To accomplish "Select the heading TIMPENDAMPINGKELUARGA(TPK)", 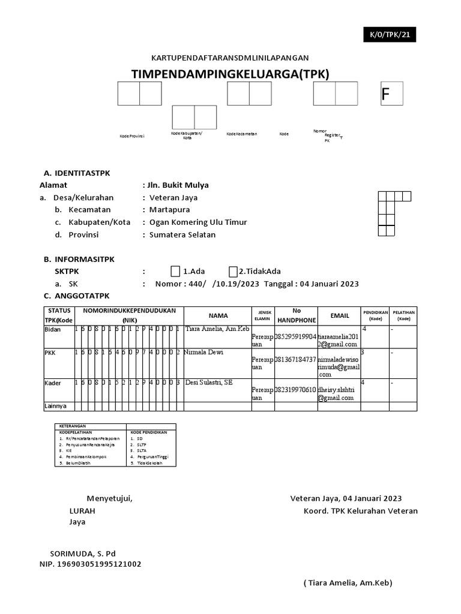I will [x=230, y=74].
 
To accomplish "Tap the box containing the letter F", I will [x=391, y=94].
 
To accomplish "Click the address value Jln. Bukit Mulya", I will [x=178, y=185].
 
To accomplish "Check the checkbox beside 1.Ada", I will [x=175, y=272].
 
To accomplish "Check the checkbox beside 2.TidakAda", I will [x=233, y=272].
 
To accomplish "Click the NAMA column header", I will [x=218, y=315].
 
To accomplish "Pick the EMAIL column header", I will [x=340, y=315].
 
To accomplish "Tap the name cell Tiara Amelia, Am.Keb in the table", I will [x=217, y=329].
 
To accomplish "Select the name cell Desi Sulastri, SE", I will [x=208, y=382].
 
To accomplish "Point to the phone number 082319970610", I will [x=295, y=390].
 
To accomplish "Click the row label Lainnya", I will [x=55, y=407].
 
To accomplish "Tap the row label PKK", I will [x=50, y=353].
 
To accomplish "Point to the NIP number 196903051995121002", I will [x=91, y=564].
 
